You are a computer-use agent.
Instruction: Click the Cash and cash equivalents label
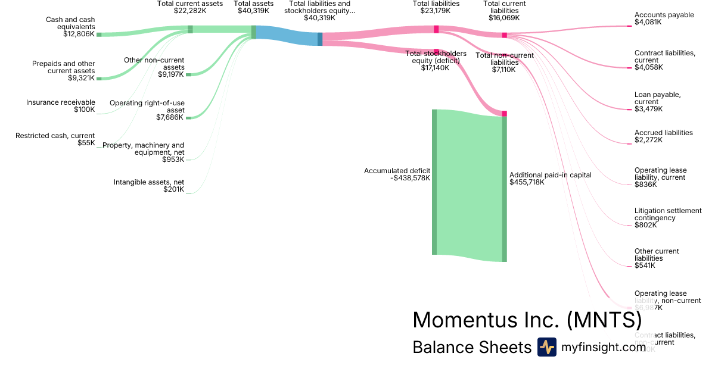70,23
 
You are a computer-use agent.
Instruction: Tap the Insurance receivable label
60,102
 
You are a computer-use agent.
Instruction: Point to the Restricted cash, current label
55,136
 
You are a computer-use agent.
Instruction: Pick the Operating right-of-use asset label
147,107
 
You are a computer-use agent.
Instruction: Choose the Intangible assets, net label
149,182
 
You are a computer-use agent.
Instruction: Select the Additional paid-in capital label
550,175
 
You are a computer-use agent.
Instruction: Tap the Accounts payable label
664,15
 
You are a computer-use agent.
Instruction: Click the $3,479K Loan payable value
648,109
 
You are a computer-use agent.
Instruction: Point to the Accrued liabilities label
663,133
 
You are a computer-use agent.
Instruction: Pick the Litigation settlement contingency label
668,214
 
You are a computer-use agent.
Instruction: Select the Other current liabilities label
657,255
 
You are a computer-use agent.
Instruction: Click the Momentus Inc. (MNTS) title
527,320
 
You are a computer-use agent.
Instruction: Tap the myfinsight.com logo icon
546,347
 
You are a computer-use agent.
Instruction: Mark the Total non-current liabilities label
504,59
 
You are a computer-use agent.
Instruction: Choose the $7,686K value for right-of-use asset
170,118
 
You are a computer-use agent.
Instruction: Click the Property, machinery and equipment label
144,148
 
